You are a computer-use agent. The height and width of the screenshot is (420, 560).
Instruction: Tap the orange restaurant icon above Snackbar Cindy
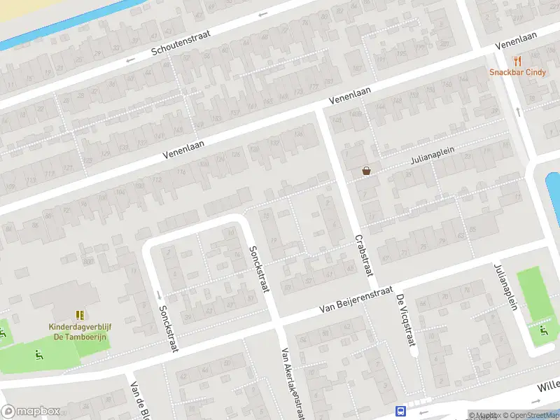[518, 61]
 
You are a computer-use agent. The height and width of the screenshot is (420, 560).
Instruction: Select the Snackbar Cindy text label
[518, 72]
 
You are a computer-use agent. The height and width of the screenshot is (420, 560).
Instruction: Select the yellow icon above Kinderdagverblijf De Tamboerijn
[79, 316]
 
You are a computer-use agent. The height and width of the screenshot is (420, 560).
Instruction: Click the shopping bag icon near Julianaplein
[366, 170]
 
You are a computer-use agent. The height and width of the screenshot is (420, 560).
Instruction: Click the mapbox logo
[30, 411]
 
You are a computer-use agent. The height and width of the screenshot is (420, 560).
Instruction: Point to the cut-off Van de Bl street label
[139, 402]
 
